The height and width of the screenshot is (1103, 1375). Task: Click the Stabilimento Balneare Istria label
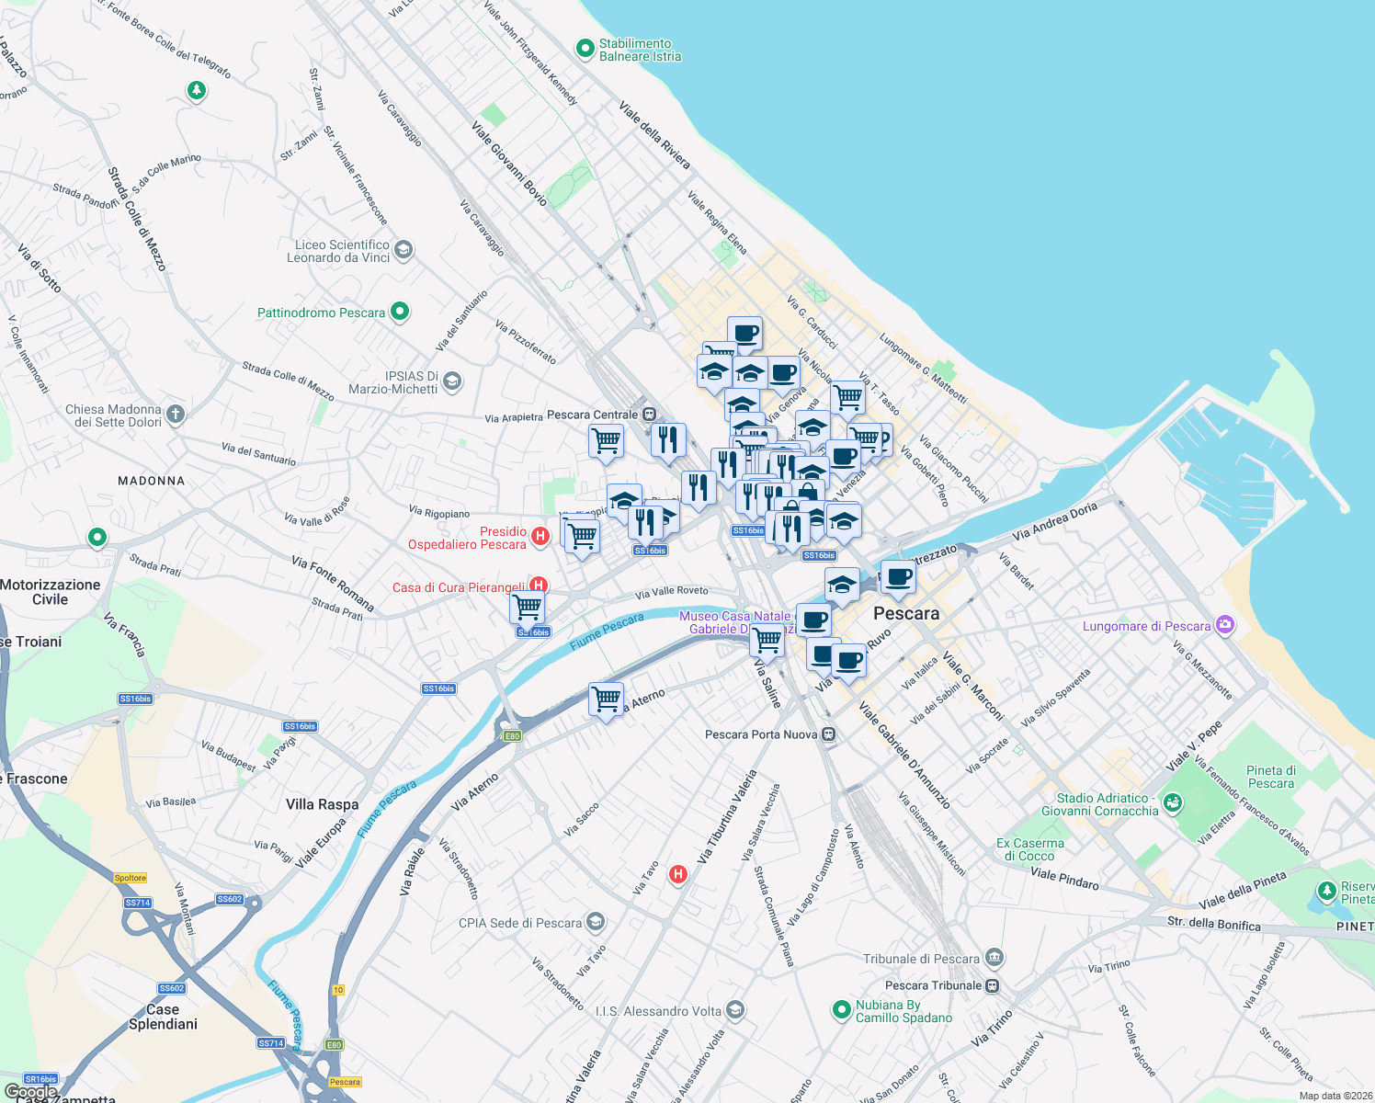tap(640, 50)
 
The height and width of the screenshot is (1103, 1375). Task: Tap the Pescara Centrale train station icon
tap(649, 414)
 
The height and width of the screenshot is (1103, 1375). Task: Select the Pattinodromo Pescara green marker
tap(400, 312)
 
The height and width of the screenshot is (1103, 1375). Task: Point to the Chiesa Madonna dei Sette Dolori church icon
tap(176, 414)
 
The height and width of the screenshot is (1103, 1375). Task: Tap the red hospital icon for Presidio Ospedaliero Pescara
tap(540, 536)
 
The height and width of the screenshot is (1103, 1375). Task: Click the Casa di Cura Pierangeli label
tap(459, 587)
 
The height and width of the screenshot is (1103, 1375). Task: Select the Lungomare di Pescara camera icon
tap(1224, 625)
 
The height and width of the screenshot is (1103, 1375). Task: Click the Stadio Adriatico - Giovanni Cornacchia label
tap(1100, 804)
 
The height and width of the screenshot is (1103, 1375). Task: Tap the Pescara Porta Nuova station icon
tap(829, 734)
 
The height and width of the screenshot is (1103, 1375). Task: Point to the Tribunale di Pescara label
tap(921, 959)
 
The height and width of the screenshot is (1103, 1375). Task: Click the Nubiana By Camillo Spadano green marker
tap(841, 1010)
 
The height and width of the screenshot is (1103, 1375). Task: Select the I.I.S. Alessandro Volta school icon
tap(734, 1011)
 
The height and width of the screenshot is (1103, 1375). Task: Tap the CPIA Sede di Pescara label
tap(520, 923)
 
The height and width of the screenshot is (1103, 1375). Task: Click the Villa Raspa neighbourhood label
tap(323, 804)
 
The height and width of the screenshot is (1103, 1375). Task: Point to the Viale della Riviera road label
tap(654, 135)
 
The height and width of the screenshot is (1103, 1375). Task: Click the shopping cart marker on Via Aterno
tap(606, 699)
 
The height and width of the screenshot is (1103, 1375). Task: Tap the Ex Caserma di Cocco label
tap(1030, 849)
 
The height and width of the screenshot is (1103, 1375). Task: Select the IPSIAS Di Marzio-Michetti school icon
tap(451, 381)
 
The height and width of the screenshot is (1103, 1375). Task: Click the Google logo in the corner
tap(31, 1092)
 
